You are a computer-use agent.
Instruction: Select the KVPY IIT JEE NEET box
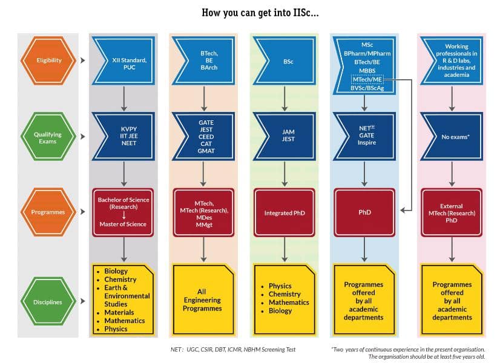click(x=125, y=136)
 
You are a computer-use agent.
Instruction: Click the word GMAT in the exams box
click(x=206, y=149)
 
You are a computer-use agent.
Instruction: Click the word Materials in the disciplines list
click(x=119, y=313)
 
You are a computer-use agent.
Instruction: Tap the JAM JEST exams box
click(x=286, y=136)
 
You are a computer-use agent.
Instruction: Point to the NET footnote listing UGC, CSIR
click(x=232, y=349)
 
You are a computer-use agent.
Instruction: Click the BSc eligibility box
click(x=286, y=61)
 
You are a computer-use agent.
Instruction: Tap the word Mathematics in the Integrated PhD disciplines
click(x=289, y=302)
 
